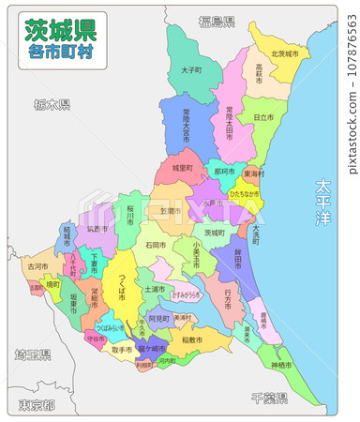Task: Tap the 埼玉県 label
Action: (32, 355)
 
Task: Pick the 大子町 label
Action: (191, 69)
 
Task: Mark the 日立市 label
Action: (263, 117)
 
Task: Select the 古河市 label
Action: (37, 266)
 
